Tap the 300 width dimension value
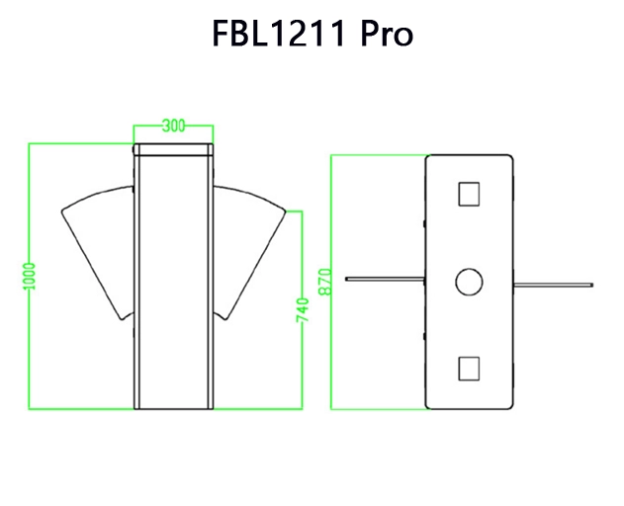174,126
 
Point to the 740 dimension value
303,310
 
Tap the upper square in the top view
469,192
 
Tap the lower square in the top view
469,369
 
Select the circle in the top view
469,282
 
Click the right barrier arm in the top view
554,286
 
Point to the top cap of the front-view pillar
174,150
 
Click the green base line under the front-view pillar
174,407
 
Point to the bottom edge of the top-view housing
469,407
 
